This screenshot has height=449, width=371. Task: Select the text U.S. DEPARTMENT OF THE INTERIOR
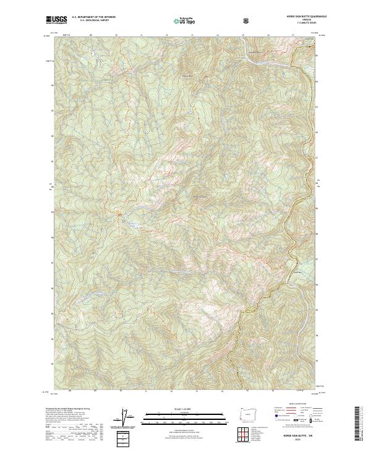click(93, 17)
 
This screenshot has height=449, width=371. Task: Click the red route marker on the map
click(120, 214)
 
